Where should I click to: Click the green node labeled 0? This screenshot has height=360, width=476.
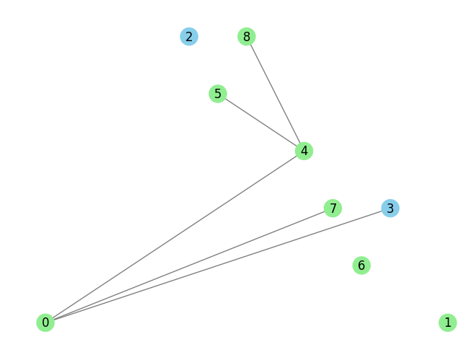[x=45, y=322]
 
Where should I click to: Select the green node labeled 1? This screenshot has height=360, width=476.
[x=448, y=322]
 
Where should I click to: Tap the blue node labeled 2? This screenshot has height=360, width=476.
[x=189, y=36]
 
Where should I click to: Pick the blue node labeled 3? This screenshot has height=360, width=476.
[x=390, y=208]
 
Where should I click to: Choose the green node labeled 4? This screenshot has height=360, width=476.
[x=304, y=151]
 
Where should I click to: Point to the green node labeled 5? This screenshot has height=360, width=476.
[x=218, y=94]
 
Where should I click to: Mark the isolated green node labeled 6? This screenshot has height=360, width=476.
[x=361, y=265]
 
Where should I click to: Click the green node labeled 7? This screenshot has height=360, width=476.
[x=332, y=208]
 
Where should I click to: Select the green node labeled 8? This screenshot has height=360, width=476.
[x=247, y=36]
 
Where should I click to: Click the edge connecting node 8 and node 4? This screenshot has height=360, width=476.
[x=276, y=94]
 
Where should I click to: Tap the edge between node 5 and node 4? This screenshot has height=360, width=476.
[x=261, y=123]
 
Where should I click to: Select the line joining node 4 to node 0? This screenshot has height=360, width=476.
[x=175, y=237]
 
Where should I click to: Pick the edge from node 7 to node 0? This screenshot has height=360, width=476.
[x=189, y=265]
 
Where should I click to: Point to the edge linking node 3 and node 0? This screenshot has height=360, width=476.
[x=218, y=265]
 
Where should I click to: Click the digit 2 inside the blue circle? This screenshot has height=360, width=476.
[x=189, y=37]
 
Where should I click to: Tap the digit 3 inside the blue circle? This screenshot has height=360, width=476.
[x=390, y=208]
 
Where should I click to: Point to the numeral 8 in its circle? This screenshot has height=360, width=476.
[x=247, y=37]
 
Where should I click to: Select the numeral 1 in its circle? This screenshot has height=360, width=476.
[x=448, y=322]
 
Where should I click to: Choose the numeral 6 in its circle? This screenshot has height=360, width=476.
[x=361, y=265]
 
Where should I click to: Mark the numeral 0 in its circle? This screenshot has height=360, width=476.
[x=45, y=322]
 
